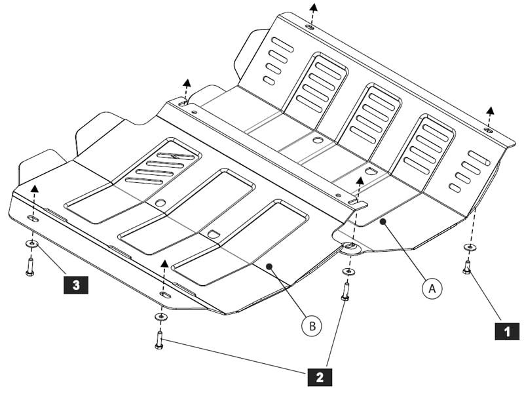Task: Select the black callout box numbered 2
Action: (319, 376)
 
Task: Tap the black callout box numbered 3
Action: (76, 285)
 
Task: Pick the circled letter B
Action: (312, 325)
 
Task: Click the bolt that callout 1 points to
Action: (467, 267)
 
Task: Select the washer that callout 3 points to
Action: (31, 245)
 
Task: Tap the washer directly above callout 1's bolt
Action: (470, 248)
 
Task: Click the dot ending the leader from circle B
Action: (269, 266)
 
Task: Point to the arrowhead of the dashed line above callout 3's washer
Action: (35, 187)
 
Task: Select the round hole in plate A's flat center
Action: (317, 140)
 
